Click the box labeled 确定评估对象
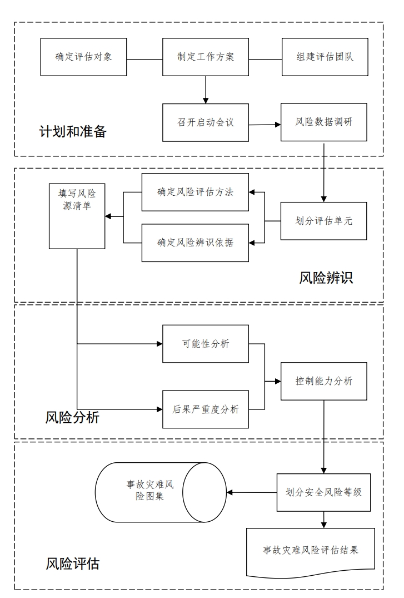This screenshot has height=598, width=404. (x=84, y=57)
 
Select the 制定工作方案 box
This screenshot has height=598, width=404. (x=205, y=57)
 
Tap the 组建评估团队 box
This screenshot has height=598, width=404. (x=325, y=57)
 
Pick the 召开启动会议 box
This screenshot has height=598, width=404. (x=205, y=122)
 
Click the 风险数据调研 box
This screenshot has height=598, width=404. (x=324, y=122)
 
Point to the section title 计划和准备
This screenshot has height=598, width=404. (x=72, y=132)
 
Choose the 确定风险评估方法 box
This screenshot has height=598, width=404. (x=194, y=192)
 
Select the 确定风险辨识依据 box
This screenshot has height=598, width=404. (x=194, y=243)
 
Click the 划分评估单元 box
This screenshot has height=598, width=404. (x=323, y=221)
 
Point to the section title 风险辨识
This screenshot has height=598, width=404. (x=326, y=278)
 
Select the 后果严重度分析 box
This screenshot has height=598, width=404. (x=205, y=409)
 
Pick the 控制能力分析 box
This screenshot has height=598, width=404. (x=323, y=382)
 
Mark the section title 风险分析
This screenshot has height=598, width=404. (x=72, y=417)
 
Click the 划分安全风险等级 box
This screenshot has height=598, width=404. (x=323, y=492)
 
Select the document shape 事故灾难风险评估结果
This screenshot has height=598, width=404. (x=311, y=551)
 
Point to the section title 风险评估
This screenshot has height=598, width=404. (x=72, y=564)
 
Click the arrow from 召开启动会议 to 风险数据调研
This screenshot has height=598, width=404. (x=265, y=124)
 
